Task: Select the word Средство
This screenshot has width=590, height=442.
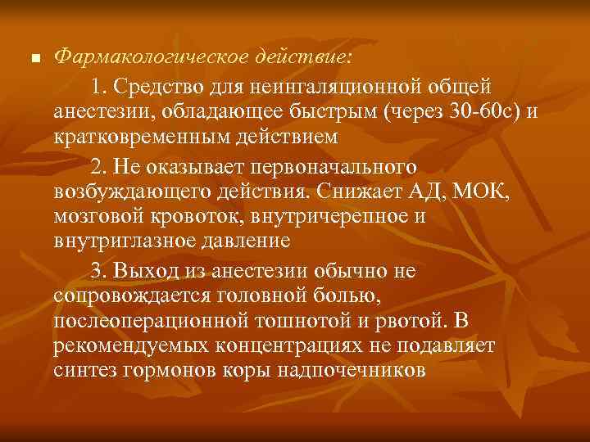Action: click(x=155, y=86)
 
